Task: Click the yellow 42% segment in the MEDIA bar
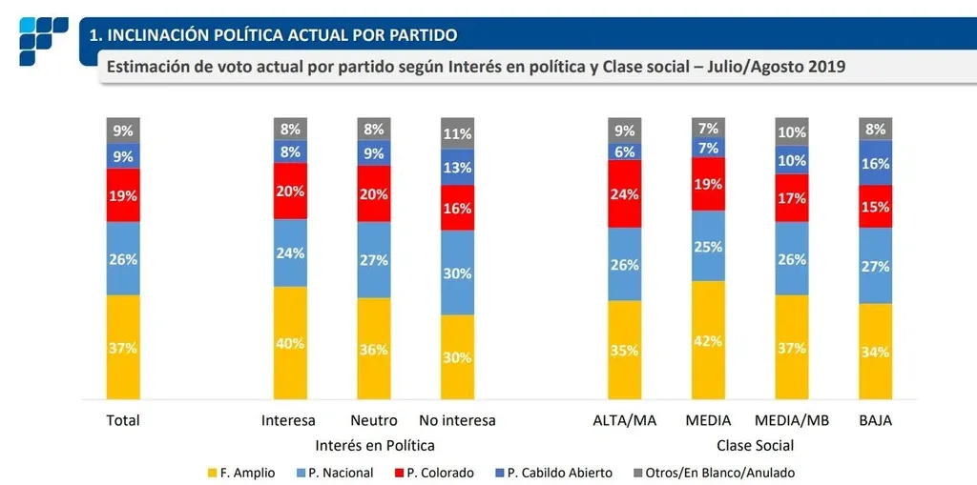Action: (x=708, y=340)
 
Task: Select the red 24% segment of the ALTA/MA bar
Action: (x=624, y=193)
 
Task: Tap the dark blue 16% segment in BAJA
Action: (x=875, y=163)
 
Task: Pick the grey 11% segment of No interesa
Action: (x=457, y=133)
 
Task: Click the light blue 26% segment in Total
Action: (x=123, y=258)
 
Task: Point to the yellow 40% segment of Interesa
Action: (x=290, y=343)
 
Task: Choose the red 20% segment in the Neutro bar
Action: (x=373, y=193)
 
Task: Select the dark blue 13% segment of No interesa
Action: (x=457, y=168)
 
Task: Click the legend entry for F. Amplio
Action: (x=244, y=473)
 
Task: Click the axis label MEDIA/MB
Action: (x=790, y=420)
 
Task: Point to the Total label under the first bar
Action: (x=123, y=420)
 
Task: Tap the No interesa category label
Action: (x=457, y=420)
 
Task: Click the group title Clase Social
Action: (x=755, y=445)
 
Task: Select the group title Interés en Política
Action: (x=374, y=445)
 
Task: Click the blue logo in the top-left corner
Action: (x=43, y=40)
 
